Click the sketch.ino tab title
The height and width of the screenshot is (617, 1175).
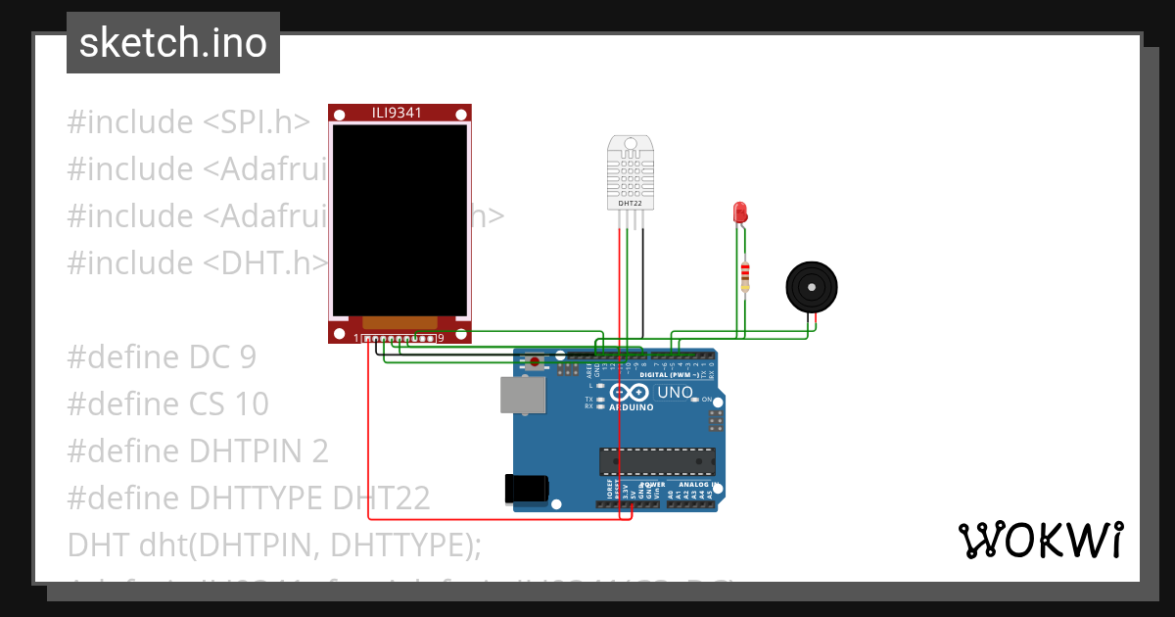(x=172, y=43)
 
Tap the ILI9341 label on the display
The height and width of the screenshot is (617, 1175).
(x=398, y=113)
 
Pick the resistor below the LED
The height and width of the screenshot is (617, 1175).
(x=745, y=274)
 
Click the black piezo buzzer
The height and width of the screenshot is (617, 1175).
(x=813, y=286)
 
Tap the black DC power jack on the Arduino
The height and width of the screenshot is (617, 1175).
(x=523, y=488)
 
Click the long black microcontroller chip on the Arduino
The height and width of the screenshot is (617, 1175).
(x=657, y=460)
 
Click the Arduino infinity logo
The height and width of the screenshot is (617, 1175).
(x=631, y=393)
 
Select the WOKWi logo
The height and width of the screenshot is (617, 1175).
(x=1040, y=539)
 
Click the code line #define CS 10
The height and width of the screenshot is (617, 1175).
(x=167, y=403)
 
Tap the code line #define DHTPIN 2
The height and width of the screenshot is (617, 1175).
(x=198, y=451)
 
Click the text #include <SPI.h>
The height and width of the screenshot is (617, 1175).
(x=189, y=122)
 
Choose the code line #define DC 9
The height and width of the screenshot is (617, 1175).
(x=162, y=356)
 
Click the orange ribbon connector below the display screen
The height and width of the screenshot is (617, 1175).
(x=399, y=322)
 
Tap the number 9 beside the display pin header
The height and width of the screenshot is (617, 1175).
(x=441, y=338)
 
